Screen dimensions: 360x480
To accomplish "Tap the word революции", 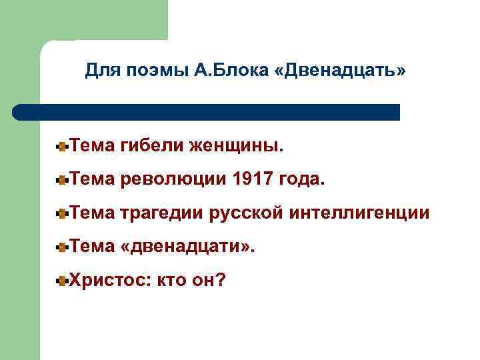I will point(174,179).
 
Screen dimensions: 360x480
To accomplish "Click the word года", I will point(305,179).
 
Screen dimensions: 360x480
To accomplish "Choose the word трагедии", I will point(163,213).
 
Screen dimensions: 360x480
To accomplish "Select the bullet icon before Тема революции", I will point(62,179).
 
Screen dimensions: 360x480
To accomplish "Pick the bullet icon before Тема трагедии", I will point(62,213).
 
